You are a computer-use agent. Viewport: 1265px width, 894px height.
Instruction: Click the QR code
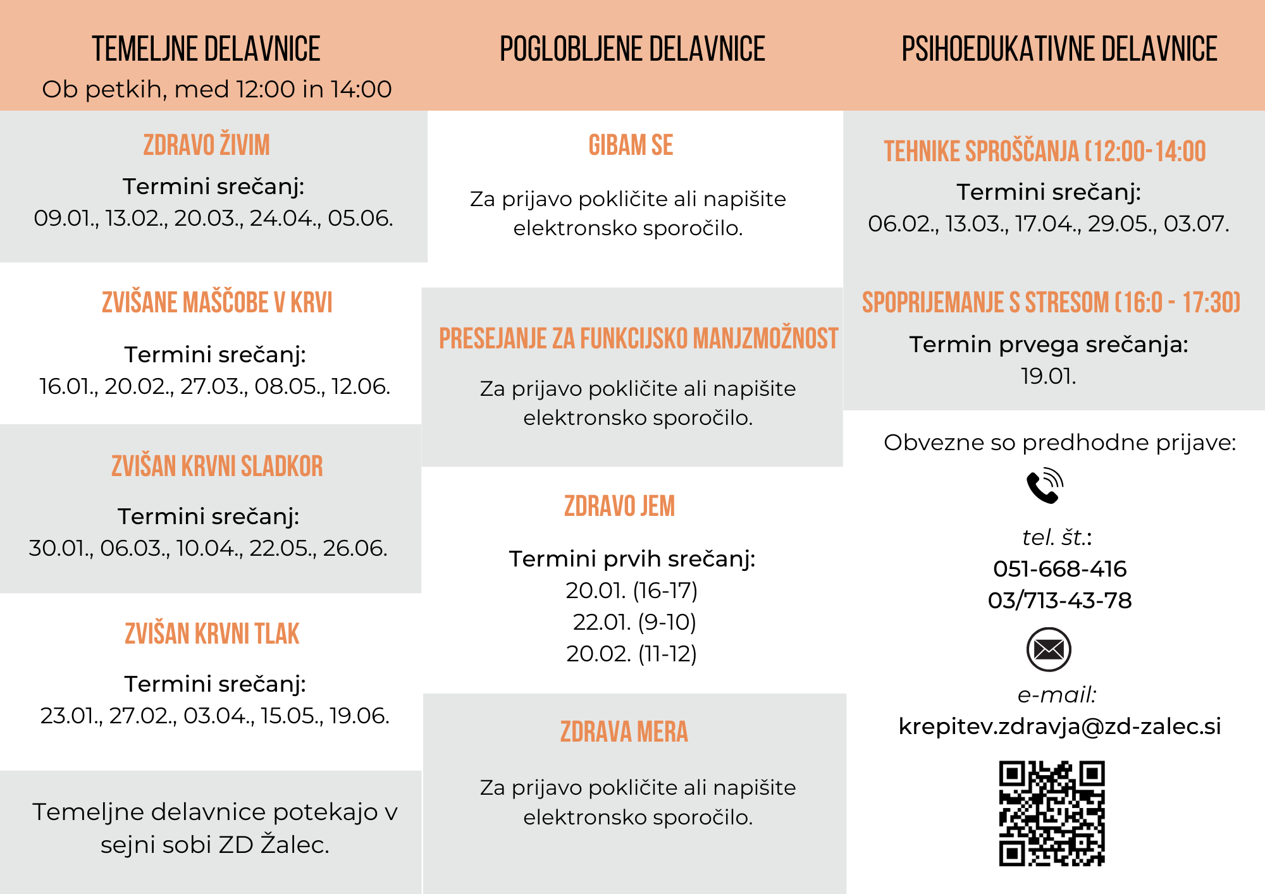[1052, 813]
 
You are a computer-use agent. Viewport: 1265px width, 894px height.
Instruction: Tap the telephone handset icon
[1045, 486]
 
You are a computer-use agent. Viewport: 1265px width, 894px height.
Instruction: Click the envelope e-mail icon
[1048, 649]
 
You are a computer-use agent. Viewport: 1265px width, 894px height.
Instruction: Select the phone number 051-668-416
[1059, 569]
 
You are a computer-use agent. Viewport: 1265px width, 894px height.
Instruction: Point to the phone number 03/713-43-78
[1059, 600]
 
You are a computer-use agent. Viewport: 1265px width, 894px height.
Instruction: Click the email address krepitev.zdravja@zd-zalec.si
[1059, 726]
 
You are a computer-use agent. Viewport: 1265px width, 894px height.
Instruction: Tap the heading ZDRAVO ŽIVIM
[207, 145]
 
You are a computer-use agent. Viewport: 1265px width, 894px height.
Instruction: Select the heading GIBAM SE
[631, 145]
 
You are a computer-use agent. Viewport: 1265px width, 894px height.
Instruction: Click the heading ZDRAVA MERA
[624, 732]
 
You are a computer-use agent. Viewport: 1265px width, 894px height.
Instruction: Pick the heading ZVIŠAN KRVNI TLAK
[212, 634]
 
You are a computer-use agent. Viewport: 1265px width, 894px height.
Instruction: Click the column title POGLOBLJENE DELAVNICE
[632, 49]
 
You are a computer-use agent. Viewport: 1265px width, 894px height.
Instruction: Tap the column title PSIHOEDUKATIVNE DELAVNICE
[1059, 49]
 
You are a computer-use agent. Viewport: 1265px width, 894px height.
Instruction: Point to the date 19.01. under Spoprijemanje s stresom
[1048, 376]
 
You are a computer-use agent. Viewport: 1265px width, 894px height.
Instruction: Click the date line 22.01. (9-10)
[634, 622]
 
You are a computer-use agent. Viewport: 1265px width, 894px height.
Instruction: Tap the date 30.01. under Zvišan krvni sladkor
[61, 548]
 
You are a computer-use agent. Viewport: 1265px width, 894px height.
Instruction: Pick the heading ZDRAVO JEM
[619, 506]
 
